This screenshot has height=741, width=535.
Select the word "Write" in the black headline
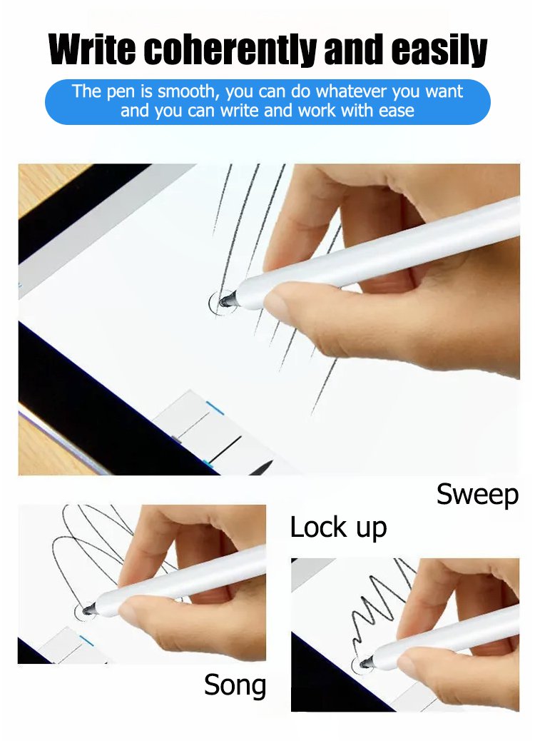[91, 49]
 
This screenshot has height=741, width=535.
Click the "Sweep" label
[477, 495]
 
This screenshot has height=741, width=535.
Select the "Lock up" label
[338, 528]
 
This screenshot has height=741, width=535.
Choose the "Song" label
[235, 685]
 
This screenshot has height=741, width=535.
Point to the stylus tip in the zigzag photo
[365, 664]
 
